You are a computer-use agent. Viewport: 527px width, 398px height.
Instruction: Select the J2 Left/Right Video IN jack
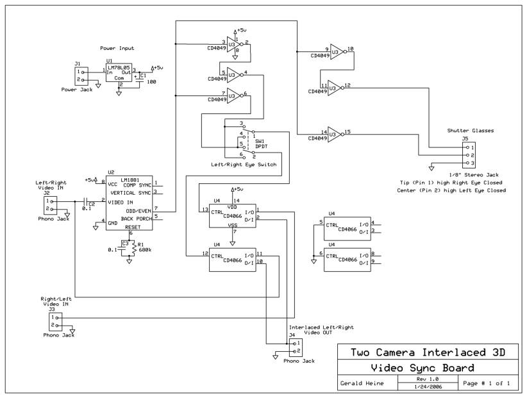pyautogui.click(x=50, y=205)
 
